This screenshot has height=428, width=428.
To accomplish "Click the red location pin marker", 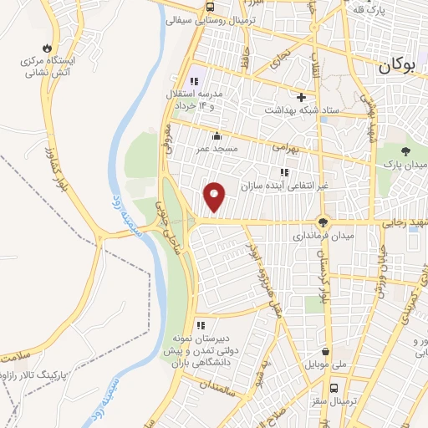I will click(x=215, y=197).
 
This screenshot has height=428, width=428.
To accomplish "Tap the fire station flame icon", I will click(x=47, y=47).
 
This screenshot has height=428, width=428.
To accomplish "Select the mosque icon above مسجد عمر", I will click(x=217, y=135).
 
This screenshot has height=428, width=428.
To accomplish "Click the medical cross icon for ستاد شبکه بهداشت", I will click(x=301, y=97).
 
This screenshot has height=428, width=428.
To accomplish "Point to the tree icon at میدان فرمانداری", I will click(x=322, y=222).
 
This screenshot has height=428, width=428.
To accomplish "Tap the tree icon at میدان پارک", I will click(x=405, y=151).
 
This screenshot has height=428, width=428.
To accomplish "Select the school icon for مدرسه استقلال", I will click(x=193, y=82).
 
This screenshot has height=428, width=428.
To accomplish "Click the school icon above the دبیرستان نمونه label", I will click(x=200, y=325).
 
